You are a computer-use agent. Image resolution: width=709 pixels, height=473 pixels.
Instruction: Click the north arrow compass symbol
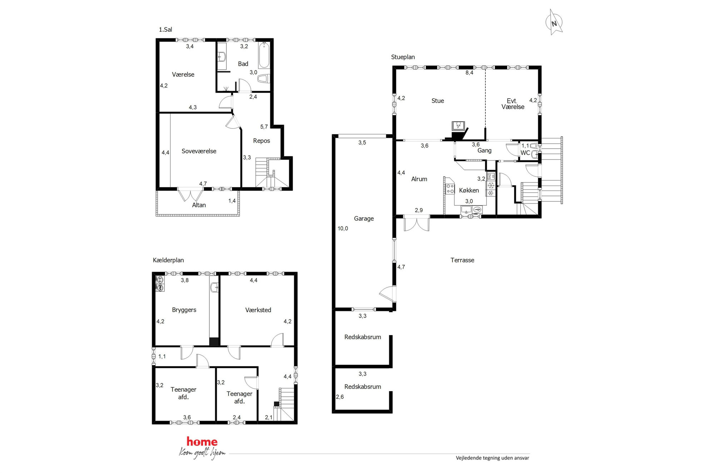click(554, 23)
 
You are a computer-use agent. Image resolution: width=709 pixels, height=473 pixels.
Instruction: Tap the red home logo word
click(202, 442)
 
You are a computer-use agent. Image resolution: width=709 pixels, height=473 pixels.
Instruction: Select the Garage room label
click(364, 218)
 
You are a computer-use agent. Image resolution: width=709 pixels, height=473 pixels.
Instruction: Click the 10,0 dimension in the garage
click(343, 228)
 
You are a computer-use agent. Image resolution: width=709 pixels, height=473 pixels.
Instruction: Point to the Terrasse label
click(462, 260)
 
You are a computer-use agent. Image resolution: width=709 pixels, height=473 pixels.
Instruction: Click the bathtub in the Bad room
click(264, 55)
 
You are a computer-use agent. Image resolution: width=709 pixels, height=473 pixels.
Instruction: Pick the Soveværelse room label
click(199, 151)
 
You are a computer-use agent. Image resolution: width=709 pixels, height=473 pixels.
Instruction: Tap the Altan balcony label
click(199, 205)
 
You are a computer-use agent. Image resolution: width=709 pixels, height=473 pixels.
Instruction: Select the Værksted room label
click(258, 310)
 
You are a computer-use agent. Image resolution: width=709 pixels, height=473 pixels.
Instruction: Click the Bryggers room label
click(184, 310)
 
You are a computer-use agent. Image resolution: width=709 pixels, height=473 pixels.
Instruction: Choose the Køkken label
click(469, 190)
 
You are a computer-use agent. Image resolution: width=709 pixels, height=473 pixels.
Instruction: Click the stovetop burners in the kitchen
click(450, 189)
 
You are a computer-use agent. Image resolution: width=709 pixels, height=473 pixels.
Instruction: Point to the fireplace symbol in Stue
click(458, 126)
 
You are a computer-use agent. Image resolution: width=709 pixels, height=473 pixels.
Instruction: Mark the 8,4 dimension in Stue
click(469, 73)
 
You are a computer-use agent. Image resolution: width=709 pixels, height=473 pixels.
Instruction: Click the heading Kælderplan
click(168, 260)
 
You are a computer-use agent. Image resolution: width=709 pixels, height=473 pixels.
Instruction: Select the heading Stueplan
click(403, 57)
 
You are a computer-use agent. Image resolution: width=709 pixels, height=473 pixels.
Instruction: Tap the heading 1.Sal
click(165, 30)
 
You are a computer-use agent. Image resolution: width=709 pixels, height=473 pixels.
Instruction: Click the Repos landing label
click(261, 141)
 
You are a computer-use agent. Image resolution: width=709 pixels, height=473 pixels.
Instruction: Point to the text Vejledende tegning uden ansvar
click(492, 458)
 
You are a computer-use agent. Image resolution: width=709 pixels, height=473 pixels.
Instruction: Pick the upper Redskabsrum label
click(362, 337)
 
